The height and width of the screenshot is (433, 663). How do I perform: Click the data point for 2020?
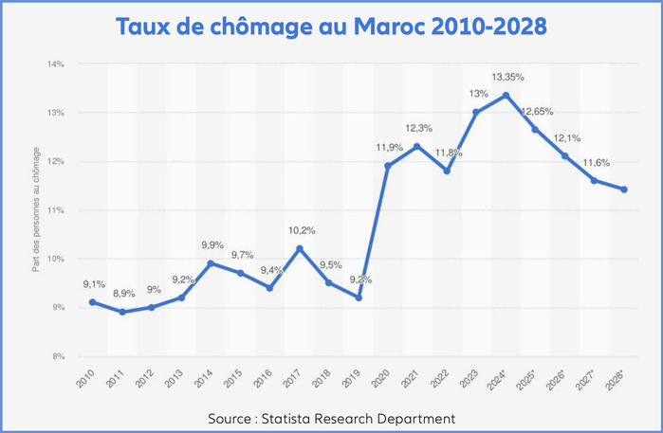(x=388, y=166)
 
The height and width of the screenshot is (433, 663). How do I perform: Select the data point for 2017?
(x=300, y=248)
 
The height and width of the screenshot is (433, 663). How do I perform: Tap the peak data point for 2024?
(x=506, y=95)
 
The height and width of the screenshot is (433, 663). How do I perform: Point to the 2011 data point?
(x=122, y=312)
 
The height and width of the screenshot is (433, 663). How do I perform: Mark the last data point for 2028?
(x=624, y=189)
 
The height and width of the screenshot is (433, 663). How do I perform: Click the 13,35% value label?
(x=507, y=76)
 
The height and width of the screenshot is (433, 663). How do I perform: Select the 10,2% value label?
(x=301, y=229)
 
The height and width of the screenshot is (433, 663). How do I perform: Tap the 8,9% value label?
(x=122, y=294)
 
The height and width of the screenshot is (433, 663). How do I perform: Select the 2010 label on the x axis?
(x=85, y=377)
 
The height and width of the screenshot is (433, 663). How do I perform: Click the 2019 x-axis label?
(x=352, y=377)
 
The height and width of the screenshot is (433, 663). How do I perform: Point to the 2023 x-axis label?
(x=470, y=377)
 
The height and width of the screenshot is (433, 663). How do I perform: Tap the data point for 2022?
(x=447, y=171)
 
